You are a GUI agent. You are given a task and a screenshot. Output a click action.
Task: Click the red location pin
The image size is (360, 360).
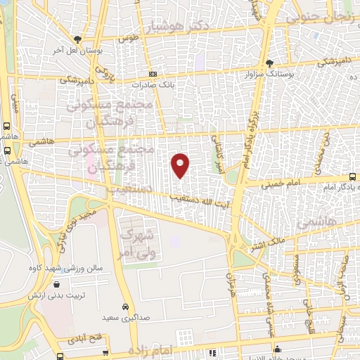pos(181,165)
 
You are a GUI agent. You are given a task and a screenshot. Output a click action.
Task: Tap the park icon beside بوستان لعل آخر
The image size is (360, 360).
pos(77,39)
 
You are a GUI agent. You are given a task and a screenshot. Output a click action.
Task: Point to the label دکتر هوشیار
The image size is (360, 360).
pos(186,27)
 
